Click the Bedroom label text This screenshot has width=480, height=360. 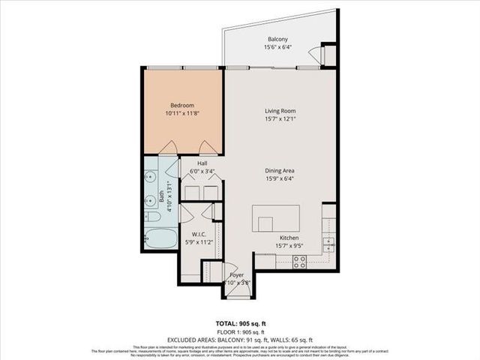click(x=182, y=105)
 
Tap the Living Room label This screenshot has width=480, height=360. click(x=278, y=110)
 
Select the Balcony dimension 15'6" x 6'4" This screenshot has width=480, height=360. click(x=277, y=47)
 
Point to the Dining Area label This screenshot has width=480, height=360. click(x=277, y=170)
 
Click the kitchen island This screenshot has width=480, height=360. click(x=276, y=218)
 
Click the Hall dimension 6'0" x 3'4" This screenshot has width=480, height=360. click(x=202, y=171)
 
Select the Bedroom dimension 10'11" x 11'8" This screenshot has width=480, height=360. click(x=182, y=113)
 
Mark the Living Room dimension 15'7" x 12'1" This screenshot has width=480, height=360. click(x=278, y=118)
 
